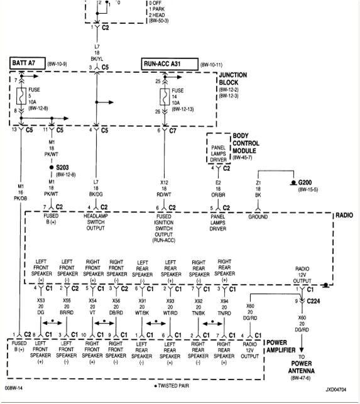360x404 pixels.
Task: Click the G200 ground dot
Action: pyautogui.click(x=292, y=182)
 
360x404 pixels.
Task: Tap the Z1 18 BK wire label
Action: pyautogui.click(x=258, y=188)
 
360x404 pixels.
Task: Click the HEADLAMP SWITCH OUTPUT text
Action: pyautogui.click(x=95, y=222)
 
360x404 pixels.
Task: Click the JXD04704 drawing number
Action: pyautogui.click(x=335, y=390)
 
